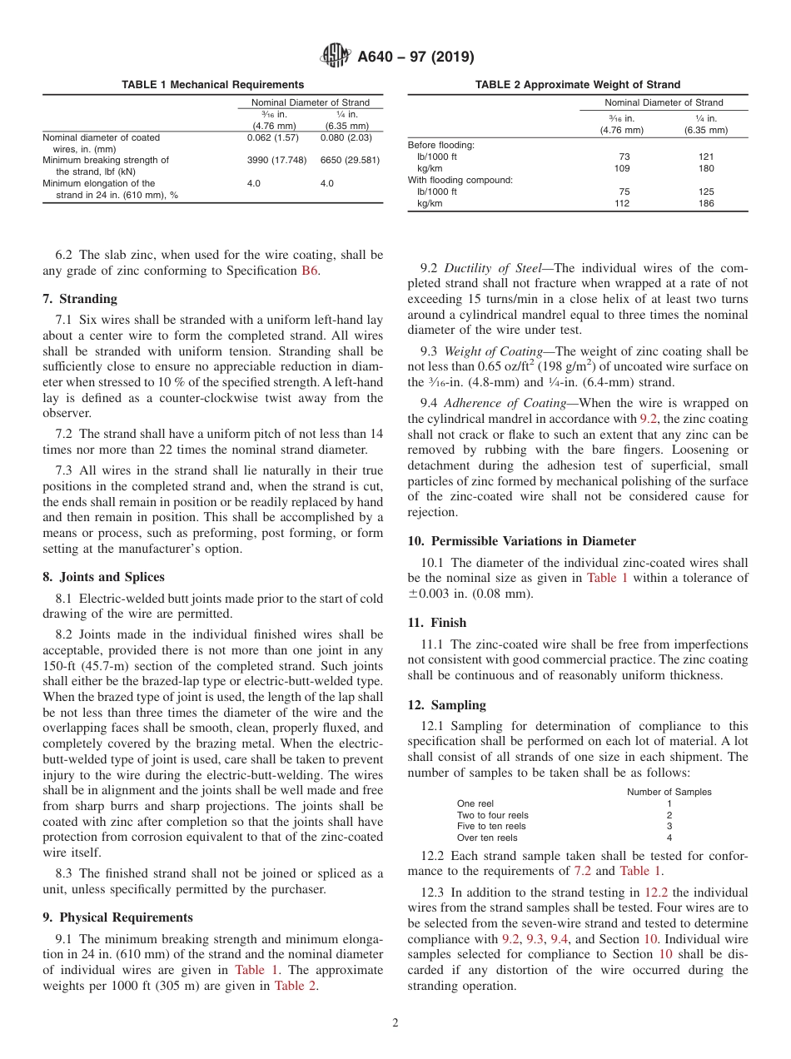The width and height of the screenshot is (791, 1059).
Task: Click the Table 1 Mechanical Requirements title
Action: point(212,85)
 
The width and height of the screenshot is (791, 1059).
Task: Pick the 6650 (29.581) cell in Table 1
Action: point(350,160)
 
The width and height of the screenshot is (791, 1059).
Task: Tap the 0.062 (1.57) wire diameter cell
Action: point(273,137)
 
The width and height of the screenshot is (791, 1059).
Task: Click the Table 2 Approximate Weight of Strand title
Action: point(577,85)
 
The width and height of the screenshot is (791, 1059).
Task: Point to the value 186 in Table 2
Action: point(706,203)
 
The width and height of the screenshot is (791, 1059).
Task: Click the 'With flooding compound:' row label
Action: point(460,180)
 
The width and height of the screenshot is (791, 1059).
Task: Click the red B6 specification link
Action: point(309,270)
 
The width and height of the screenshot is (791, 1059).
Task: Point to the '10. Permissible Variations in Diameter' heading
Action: point(521,541)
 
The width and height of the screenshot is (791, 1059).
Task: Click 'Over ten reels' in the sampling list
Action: point(487,838)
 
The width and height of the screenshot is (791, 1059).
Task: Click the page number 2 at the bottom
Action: point(395,1023)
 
